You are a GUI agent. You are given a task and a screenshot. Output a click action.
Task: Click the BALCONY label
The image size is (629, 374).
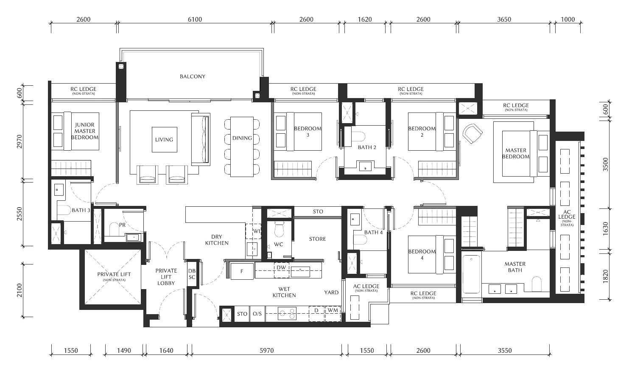pyautogui.click(x=193, y=76)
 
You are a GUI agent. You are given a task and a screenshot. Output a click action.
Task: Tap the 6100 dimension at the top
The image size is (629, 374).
pyautogui.click(x=195, y=20)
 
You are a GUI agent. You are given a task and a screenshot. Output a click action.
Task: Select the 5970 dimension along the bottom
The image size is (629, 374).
pyautogui.click(x=266, y=350)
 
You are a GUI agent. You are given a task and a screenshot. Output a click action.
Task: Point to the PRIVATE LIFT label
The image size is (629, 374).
pyautogui.click(x=114, y=274)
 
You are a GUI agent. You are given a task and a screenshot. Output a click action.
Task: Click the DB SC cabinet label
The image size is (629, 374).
pyautogui.click(x=192, y=274)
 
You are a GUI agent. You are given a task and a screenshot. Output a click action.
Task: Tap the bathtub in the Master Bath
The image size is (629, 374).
pyautogui.click(x=471, y=274)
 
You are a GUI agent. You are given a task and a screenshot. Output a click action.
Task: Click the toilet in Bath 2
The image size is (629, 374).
pyautogui.click(x=358, y=137)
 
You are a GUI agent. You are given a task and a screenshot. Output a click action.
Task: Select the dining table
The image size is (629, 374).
pyautogui.click(x=242, y=147)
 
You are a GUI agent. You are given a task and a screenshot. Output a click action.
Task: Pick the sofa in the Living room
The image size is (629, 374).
pyautogui.click(x=201, y=139)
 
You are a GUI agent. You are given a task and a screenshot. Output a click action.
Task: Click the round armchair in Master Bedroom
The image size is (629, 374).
pyautogui.click(x=472, y=133)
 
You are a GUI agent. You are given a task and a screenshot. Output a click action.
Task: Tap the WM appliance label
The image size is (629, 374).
pyautogui.click(x=333, y=310)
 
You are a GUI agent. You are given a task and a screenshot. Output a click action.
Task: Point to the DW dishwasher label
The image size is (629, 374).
pyautogui.click(x=281, y=267)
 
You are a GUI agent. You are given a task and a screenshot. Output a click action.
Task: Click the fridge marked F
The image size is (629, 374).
pyautogui.click(x=242, y=271)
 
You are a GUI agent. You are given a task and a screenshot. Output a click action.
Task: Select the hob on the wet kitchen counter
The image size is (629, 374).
pyautogui.click(x=287, y=313)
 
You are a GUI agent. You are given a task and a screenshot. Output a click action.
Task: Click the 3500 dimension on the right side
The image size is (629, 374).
pyautogui.click(x=605, y=164)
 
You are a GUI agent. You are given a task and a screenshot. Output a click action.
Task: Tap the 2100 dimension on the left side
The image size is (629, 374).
pyautogui.click(x=19, y=290)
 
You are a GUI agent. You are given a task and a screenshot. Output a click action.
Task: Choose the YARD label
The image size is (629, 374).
pyautogui.click(x=331, y=292)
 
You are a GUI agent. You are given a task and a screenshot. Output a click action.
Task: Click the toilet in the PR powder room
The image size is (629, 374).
pyautogui.click(x=114, y=229)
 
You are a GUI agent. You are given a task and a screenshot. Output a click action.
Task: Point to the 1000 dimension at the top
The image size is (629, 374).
pyautogui.click(x=568, y=20)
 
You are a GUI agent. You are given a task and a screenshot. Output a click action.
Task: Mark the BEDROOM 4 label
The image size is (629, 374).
pyautogui.click(x=422, y=255)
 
